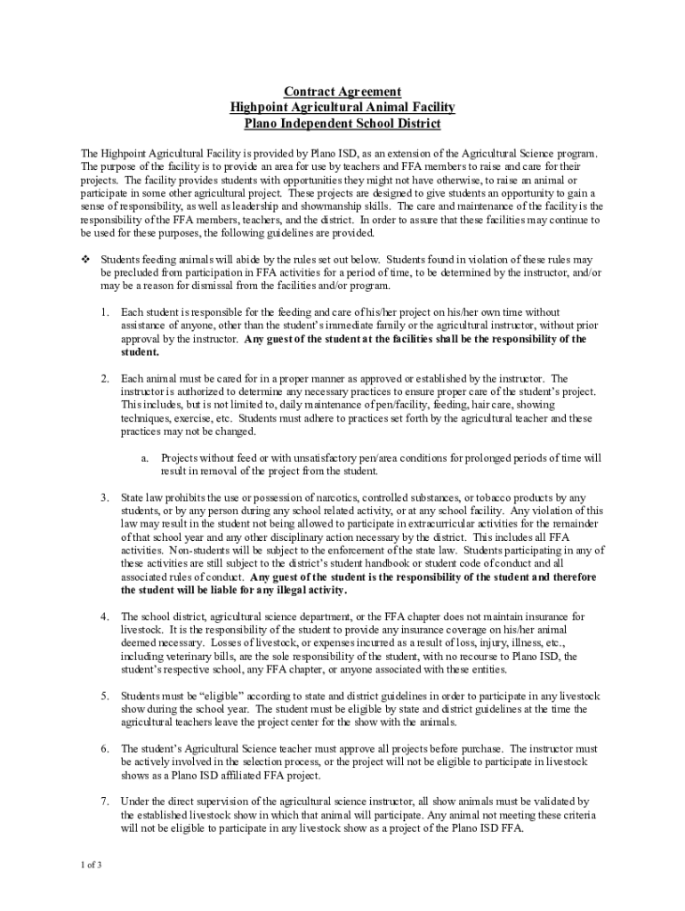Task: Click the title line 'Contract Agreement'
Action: click(x=342, y=92)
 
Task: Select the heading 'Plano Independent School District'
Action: click(x=342, y=124)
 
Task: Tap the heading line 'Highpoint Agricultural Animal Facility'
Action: click(x=342, y=108)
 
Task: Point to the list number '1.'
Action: click(x=104, y=312)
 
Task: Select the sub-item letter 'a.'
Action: click(x=145, y=458)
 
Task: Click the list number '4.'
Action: click(x=104, y=617)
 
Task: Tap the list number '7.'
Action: click(x=104, y=802)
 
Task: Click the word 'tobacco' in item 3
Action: click(x=496, y=497)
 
